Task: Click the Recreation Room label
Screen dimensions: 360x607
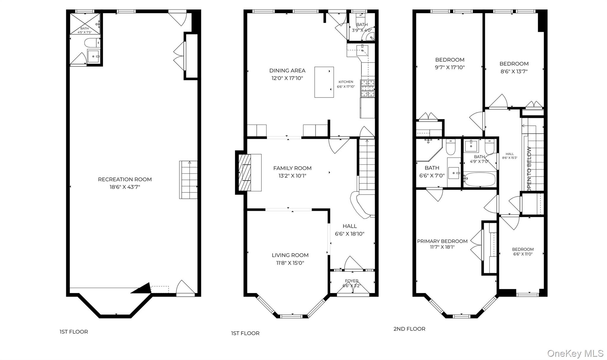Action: [x=125, y=179]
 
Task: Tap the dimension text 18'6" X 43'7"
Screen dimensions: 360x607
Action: [x=125, y=187]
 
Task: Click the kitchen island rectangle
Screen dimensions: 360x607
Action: [x=324, y=82]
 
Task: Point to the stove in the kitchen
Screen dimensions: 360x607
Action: [x=368, y=88]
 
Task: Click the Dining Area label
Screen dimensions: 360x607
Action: [x=287, y=71]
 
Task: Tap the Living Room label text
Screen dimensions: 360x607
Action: [x=290, y=255]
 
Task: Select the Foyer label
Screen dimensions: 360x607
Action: [x=352, y=281]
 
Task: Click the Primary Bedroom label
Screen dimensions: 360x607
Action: [x=442, y=241]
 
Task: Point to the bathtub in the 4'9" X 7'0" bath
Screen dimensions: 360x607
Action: [x=480, y=180]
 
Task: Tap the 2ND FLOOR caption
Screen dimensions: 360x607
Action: [x=409, y=329]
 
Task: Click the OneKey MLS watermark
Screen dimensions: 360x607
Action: [x=575, y=353]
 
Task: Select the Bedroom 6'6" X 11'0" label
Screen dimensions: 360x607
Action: [x=523, y=249]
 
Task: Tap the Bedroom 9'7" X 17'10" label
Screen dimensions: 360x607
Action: [x=450, y=60]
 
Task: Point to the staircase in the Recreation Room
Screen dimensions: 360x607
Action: [x=188, y=180]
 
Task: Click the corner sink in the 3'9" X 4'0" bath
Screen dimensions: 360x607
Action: [x=371, y=37]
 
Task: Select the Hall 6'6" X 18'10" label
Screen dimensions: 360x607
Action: [x=349, y=226]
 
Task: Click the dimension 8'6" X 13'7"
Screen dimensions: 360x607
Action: [x=514, y=71]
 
